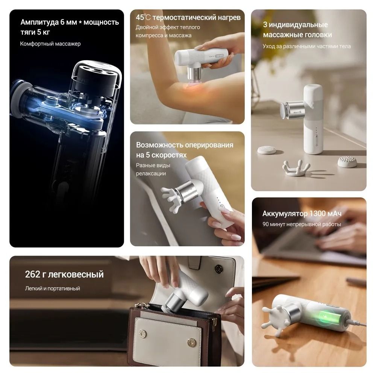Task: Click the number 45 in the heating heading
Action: pyautogui.click(x=140, y=17)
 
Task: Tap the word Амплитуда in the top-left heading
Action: pyautogui.click(x=39, y=22)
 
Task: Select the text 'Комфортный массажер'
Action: pyautogui.click(x=50, y=44)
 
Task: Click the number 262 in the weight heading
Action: pyautogui.click(x=32, y=274)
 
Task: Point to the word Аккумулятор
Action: pyautogui.click(x=285, y=214)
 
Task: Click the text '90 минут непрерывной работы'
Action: pyautogui.click(x=302, y=224)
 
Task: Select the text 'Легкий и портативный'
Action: pyautogui.click(x=53, y=288)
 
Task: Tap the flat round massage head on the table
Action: pyautogui.click(x=267, y=150)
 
